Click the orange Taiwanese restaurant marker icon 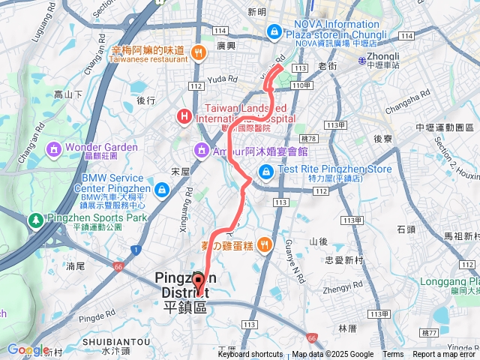point(198,52)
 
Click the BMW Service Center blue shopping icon point(162,187)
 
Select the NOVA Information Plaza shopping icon point(274,32)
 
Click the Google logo point(28,349)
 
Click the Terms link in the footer point(393,355)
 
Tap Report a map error point(444,355)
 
